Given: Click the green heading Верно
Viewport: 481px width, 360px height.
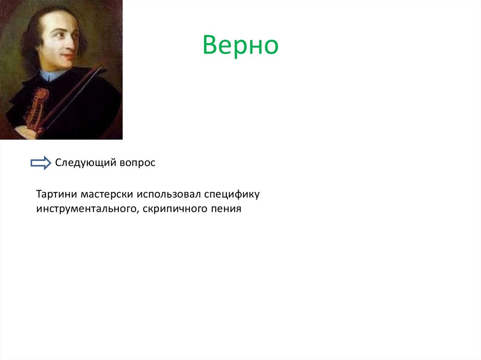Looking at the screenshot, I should pos(240,46).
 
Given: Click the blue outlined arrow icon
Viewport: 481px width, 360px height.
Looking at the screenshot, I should pos(41,163).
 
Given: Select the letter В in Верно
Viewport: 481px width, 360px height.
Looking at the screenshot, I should pos(210,46).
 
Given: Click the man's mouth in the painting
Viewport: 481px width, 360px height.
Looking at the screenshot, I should pos(68,56).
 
